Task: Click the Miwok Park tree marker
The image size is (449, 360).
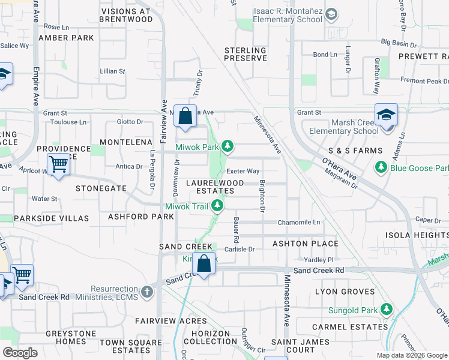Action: point(228,146)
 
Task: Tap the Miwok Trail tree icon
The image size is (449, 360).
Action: point(219,206)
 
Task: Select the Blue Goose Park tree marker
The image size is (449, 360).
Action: point(380,167)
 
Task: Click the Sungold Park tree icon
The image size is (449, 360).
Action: point(388,310)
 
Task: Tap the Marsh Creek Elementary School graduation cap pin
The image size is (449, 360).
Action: point(386,115)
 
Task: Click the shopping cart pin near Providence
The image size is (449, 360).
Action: point(58,163)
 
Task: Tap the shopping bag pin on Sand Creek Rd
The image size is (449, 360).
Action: point(204,263)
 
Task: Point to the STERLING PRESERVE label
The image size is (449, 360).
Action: point(246,54)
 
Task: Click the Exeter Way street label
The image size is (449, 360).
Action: point(243,172)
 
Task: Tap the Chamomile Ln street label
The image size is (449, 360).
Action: point(299,223)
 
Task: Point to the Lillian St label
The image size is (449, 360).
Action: point(113,71)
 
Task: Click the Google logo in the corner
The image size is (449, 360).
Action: point(20,352)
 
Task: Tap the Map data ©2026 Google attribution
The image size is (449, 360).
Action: point(411,355)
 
